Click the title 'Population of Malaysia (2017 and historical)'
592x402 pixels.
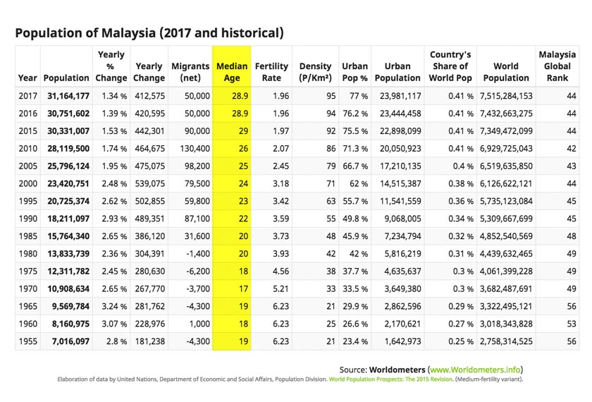(x=149, y=33)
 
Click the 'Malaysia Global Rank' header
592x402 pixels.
(x=556, y=66)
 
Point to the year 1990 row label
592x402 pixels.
(x=27, y=219)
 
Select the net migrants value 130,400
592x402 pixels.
(x=191, y=148)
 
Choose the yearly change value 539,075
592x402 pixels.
(x=149, y=183)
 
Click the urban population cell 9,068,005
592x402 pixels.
(x=399, y=219)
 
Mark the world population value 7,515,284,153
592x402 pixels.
(x=506, y=95)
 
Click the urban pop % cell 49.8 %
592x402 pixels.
(x=354, y=219)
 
